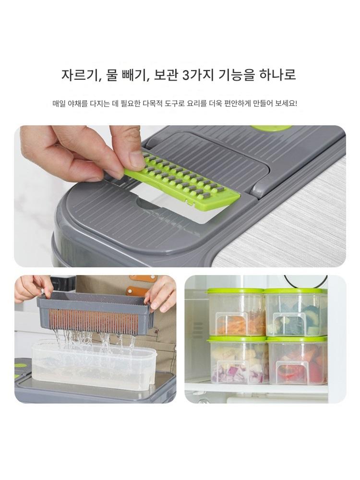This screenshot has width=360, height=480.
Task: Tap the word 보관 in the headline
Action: [x=166, y=75]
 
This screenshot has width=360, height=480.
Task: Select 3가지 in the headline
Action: [x=198, y=75]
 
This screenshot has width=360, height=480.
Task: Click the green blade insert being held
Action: [x=181, y=182]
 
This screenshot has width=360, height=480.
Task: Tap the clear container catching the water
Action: [x=94, y=366]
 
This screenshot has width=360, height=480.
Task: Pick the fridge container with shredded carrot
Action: [x=236, y=312]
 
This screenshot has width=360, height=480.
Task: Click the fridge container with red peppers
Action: [x=297, y=361]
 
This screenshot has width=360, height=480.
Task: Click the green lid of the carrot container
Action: [x=236, y=291]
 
